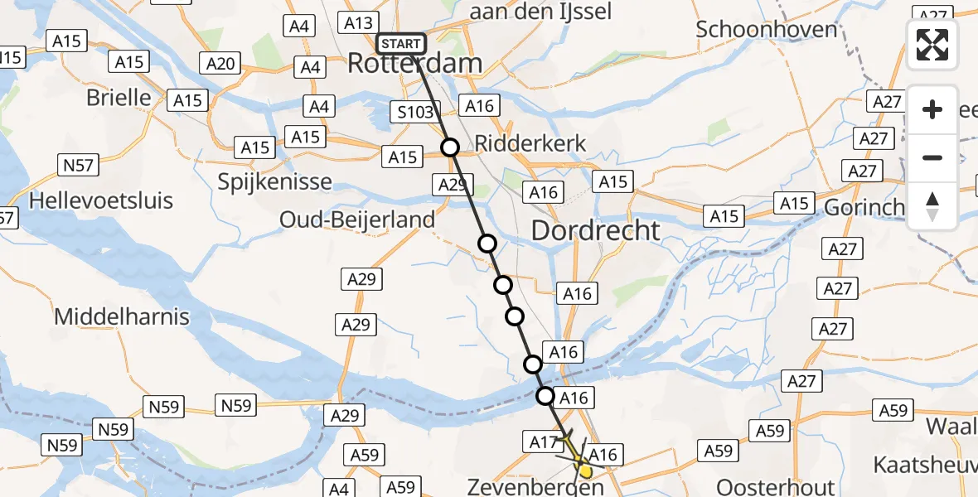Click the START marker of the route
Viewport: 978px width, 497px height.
click(x=401, y=44)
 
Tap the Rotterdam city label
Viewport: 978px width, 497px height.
click(x=414, y=64)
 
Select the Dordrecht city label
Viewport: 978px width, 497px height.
click(x=595, y=230)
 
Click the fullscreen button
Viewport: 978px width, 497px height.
click(x=932, y=45)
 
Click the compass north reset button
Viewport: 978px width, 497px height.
click(x=932, y=205)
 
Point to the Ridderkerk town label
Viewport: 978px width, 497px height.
click(x=530, y=144)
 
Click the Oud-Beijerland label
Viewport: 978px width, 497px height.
click(x=357, y=220)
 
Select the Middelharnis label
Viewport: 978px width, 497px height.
click(x=122, y=316)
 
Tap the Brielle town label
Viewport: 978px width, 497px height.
click(x=119, y=98)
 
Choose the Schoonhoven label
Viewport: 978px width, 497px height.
click(x=767, y=29)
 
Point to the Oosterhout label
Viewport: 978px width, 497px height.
click(x=772, y=485)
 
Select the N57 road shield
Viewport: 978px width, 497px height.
click(x=78, y=166)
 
